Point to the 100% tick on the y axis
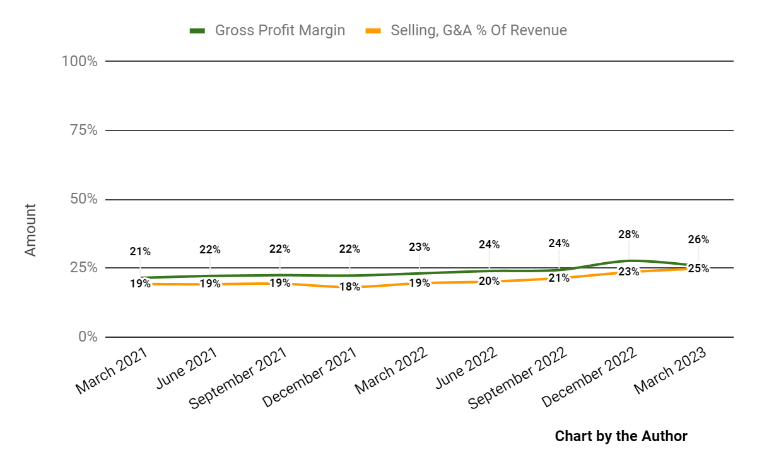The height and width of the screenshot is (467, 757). click(x=79, y=61)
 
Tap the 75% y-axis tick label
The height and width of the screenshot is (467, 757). click(x=82, y=130)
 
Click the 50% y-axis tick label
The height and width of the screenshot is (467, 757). click(x=82, y=199)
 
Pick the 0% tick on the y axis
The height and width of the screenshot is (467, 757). click(x=87, y=337)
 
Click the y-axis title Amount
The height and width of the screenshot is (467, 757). click(x=30, y=229)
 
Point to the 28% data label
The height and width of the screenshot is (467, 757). click(x=629, y=234)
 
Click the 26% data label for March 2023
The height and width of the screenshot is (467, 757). click(x=698, y=239)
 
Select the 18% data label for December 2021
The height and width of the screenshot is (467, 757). click(x=349, y=287)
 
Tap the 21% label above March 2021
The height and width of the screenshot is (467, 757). click(x=140, y=251)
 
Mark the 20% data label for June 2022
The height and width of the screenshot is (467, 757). click(x=489, y=281)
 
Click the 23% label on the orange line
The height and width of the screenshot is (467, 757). click(x=629, y=272)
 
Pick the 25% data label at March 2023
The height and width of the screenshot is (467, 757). click(x=698, y=268)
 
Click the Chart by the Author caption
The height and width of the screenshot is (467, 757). click(x=621, y=436)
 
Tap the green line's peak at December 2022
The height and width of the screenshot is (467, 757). click(x=629, y=260)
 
